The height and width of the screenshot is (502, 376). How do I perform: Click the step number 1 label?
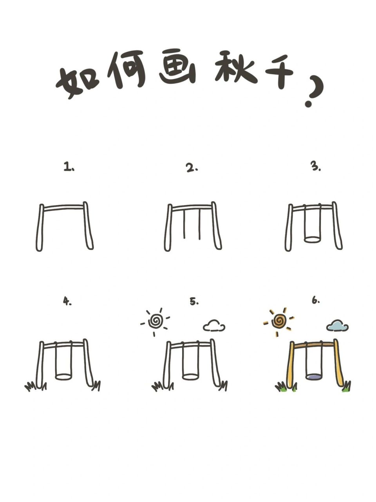(x=69, y=167)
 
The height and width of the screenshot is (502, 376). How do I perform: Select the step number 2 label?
(x=192, y=168)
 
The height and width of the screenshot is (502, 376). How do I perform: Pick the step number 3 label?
(x=316, y=167)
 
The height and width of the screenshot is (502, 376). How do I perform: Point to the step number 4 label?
(x=67, y=301)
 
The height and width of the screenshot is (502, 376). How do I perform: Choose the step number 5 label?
(x=194, y=302)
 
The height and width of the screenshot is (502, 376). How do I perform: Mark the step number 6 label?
(x=316, y=301)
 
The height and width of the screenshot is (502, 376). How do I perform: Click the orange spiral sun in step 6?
(x=279, y=321)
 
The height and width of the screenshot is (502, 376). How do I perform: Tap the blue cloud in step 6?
(x=337, y=326)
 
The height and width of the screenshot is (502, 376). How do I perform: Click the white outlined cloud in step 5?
(x=214, y=326)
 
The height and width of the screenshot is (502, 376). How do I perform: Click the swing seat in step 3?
(x=312, y=239)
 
